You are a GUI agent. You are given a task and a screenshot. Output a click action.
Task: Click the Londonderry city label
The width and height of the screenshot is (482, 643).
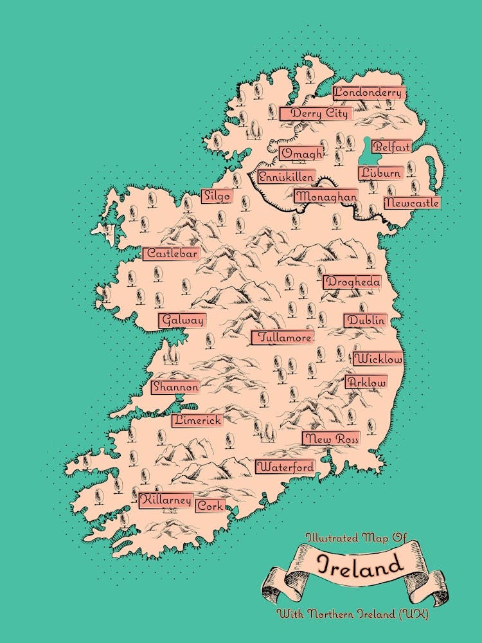pos(369,93)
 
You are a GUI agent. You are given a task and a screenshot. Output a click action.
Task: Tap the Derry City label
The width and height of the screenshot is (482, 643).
pos(316,114)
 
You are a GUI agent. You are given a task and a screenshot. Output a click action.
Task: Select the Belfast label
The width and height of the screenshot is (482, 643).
pos(391,147)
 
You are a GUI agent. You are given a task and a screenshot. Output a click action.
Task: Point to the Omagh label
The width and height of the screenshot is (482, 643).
pos(301,154)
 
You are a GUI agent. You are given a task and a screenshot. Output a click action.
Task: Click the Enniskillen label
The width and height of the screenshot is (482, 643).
pos(287,177)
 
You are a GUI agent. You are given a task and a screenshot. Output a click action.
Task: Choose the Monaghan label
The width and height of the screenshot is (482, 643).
pos(326,197)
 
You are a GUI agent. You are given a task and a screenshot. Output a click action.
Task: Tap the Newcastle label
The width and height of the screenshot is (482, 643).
pos(411,203)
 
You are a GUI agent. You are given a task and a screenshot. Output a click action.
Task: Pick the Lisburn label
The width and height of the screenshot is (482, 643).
pos(381,173)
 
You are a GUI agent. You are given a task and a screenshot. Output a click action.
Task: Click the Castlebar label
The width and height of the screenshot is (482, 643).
pos(171,254)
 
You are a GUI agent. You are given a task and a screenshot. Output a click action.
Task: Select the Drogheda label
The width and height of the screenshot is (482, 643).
pos(352,282)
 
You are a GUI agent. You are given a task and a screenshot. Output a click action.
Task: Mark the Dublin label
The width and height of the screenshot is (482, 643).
pos(365,320)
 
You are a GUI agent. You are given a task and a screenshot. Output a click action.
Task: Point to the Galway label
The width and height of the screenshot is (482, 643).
pos(183,320)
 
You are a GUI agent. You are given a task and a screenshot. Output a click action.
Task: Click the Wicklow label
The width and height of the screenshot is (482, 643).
pos(378,359)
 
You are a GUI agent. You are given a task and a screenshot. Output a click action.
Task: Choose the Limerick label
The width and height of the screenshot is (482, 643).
pos(197,421)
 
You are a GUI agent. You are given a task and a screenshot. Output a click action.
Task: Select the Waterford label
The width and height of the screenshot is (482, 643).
pos(286,467)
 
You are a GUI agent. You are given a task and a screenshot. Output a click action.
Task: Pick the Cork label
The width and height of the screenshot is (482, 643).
pos(210,506)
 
